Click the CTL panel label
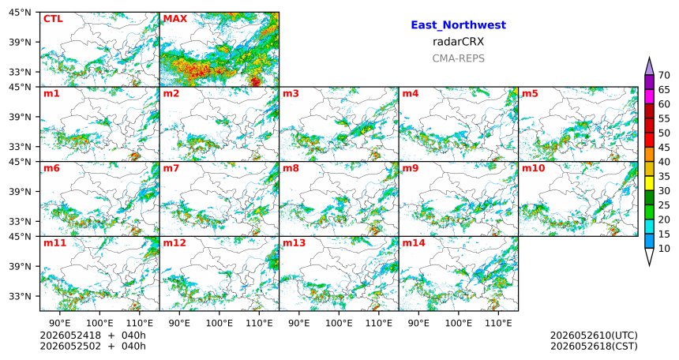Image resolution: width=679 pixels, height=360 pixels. point(53,19)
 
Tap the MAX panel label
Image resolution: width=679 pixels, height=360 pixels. point(175,19)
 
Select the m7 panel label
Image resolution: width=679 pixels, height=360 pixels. point(171,168)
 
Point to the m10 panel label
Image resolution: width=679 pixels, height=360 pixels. point(533,168)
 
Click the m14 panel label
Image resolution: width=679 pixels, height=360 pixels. point(414,243)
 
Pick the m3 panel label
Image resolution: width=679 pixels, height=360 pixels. point(291,94)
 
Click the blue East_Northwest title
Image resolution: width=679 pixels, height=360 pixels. point(458,25)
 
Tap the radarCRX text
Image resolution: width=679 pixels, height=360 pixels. point(458,42)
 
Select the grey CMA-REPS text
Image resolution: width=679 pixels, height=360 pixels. point(458,58)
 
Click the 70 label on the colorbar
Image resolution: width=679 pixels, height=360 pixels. point(664,75)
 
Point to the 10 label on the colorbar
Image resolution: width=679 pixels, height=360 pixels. point(664,249)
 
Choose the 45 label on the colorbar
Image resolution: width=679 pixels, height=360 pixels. point(664,148)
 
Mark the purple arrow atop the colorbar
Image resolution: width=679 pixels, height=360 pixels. point(649,66)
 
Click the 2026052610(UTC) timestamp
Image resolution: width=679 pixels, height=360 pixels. point(594,336)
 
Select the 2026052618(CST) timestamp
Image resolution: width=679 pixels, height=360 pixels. point(594,347)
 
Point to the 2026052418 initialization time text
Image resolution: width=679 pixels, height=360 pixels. point(70,336)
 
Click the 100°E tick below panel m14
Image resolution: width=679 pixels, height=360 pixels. point(458,324)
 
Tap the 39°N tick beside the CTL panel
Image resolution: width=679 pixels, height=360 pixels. point(20,42)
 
